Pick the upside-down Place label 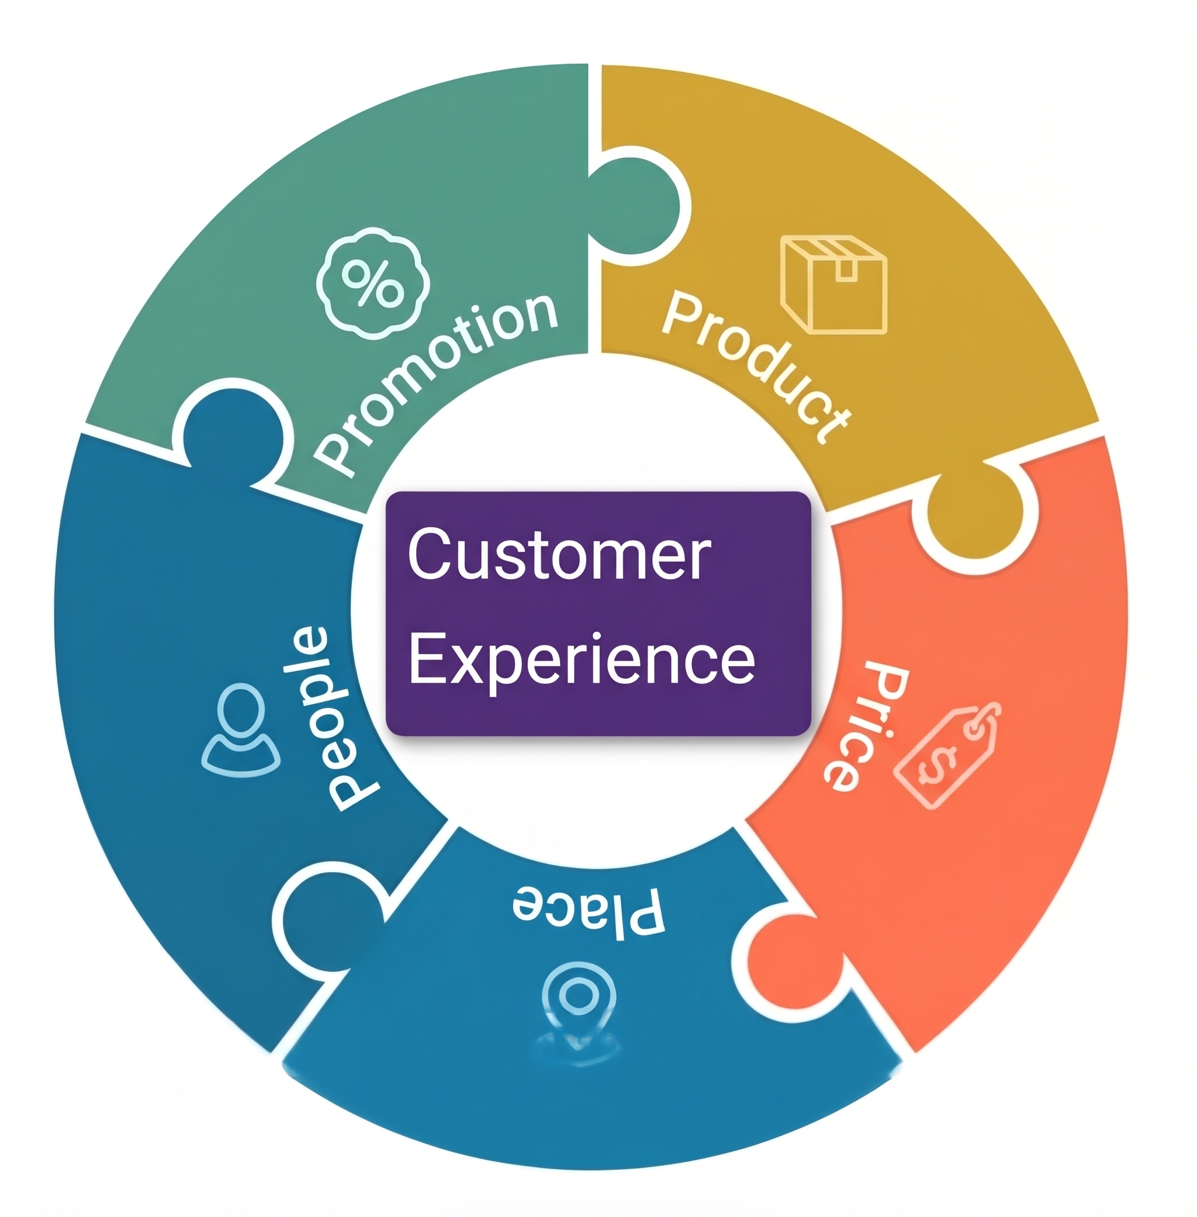pos(589,912)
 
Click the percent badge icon pos(373,283)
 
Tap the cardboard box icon pos(833,283)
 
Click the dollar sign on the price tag pos(939,762)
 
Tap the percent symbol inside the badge pos(373,283)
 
